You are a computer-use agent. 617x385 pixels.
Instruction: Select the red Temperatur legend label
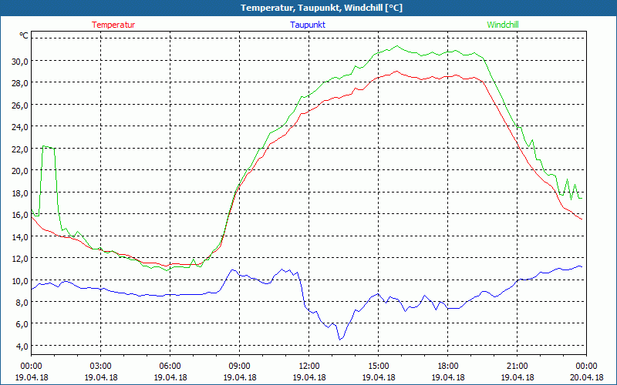[x=113, y=25]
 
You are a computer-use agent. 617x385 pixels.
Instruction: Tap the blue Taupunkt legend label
[x=308, y=25]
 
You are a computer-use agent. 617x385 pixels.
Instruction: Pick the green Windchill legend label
[x=502, y=25]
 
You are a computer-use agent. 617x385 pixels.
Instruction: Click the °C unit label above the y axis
[x=24, y=35]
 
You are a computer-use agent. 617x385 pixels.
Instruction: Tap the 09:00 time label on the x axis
[x=239, y=366]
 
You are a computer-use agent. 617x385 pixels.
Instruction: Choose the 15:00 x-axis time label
[x=378, y=366]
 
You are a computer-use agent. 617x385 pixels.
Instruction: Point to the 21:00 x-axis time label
[x=517, y=366]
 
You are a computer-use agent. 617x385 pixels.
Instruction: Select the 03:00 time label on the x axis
[x=100, y=366]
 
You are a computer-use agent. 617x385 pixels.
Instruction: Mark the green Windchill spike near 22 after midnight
[x=47, y=146]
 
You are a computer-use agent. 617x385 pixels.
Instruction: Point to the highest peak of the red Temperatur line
[x=396, y=72]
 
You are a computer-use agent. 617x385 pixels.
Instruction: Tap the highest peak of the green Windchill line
[x=397, y=46]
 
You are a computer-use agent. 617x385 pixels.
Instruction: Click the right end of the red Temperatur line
[x=582, y=219]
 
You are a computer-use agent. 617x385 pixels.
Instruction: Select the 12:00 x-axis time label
[x=308, y=366]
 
